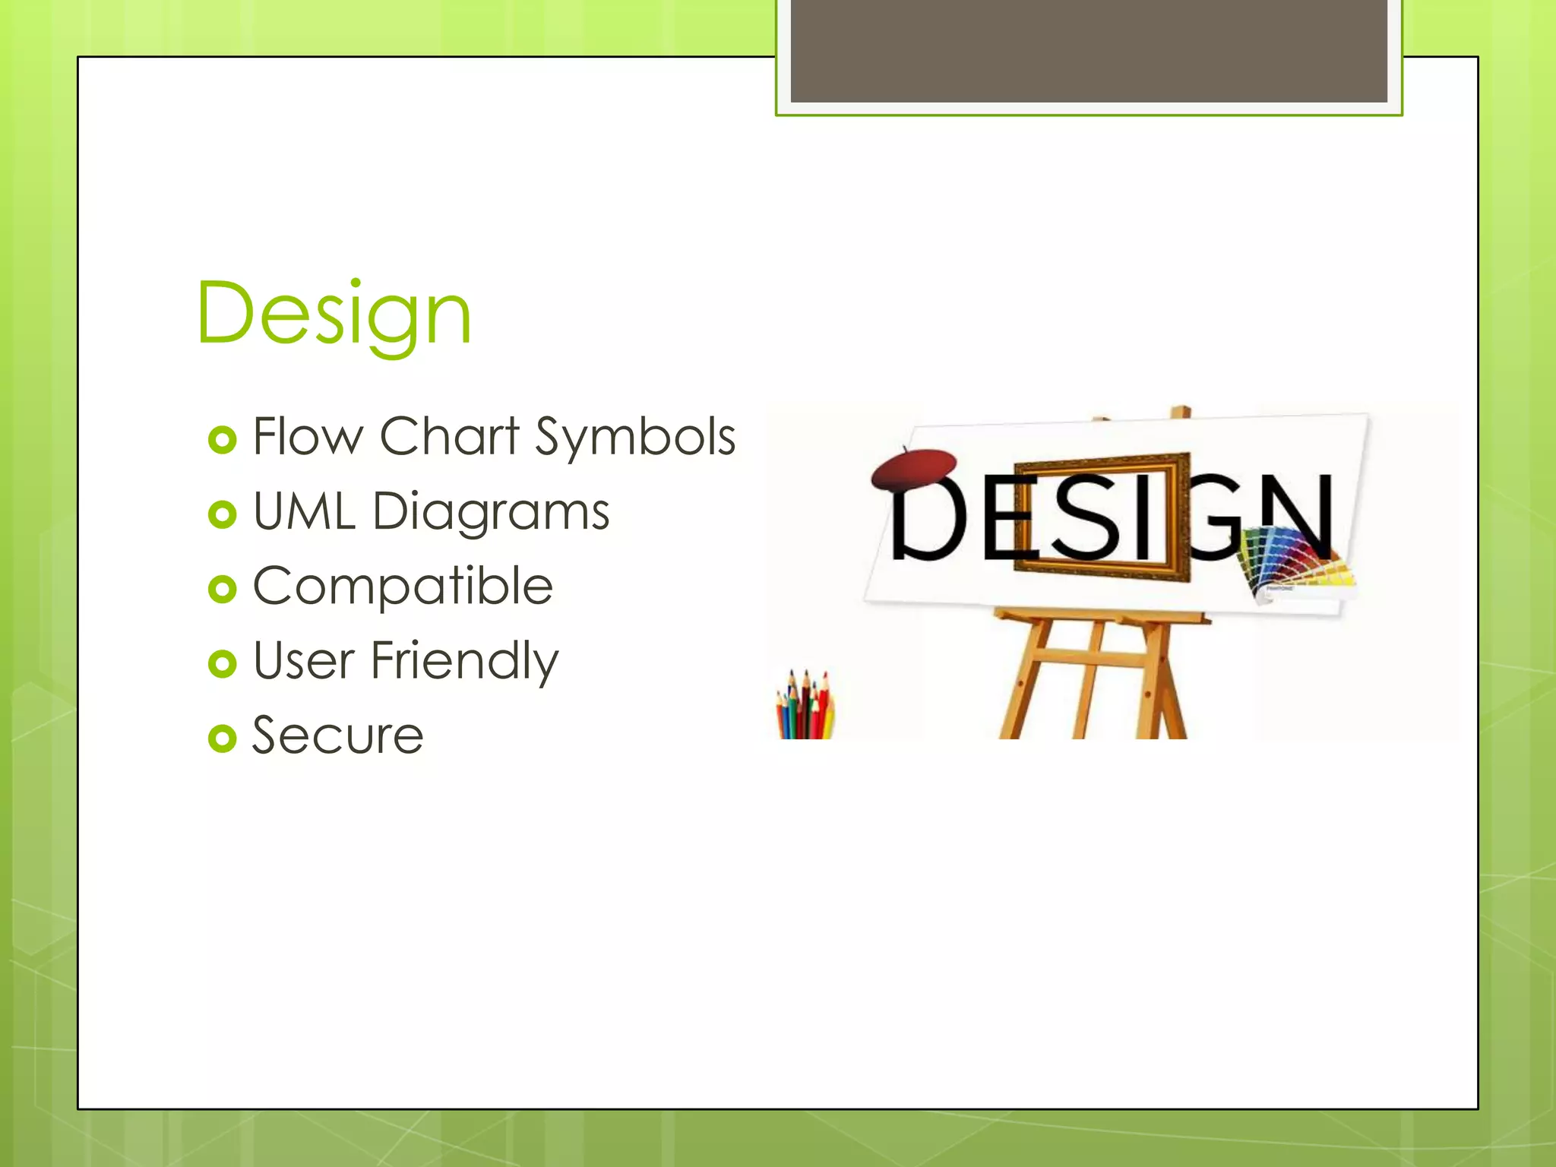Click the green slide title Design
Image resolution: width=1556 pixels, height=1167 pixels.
click(334, 314)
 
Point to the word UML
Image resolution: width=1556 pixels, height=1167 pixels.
click(304, 511)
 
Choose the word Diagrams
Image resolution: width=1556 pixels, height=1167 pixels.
click(491, 512)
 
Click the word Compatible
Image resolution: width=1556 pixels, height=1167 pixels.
click(403, 586)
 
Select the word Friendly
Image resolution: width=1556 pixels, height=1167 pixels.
click(464, 661)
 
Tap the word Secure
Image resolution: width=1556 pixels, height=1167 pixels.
click(337, 735)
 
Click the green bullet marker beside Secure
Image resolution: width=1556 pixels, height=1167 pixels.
click(222, 738)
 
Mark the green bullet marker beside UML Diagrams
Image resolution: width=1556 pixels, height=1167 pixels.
click(222, 514)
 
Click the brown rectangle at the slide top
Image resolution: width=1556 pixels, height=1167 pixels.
click(1088, 50)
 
